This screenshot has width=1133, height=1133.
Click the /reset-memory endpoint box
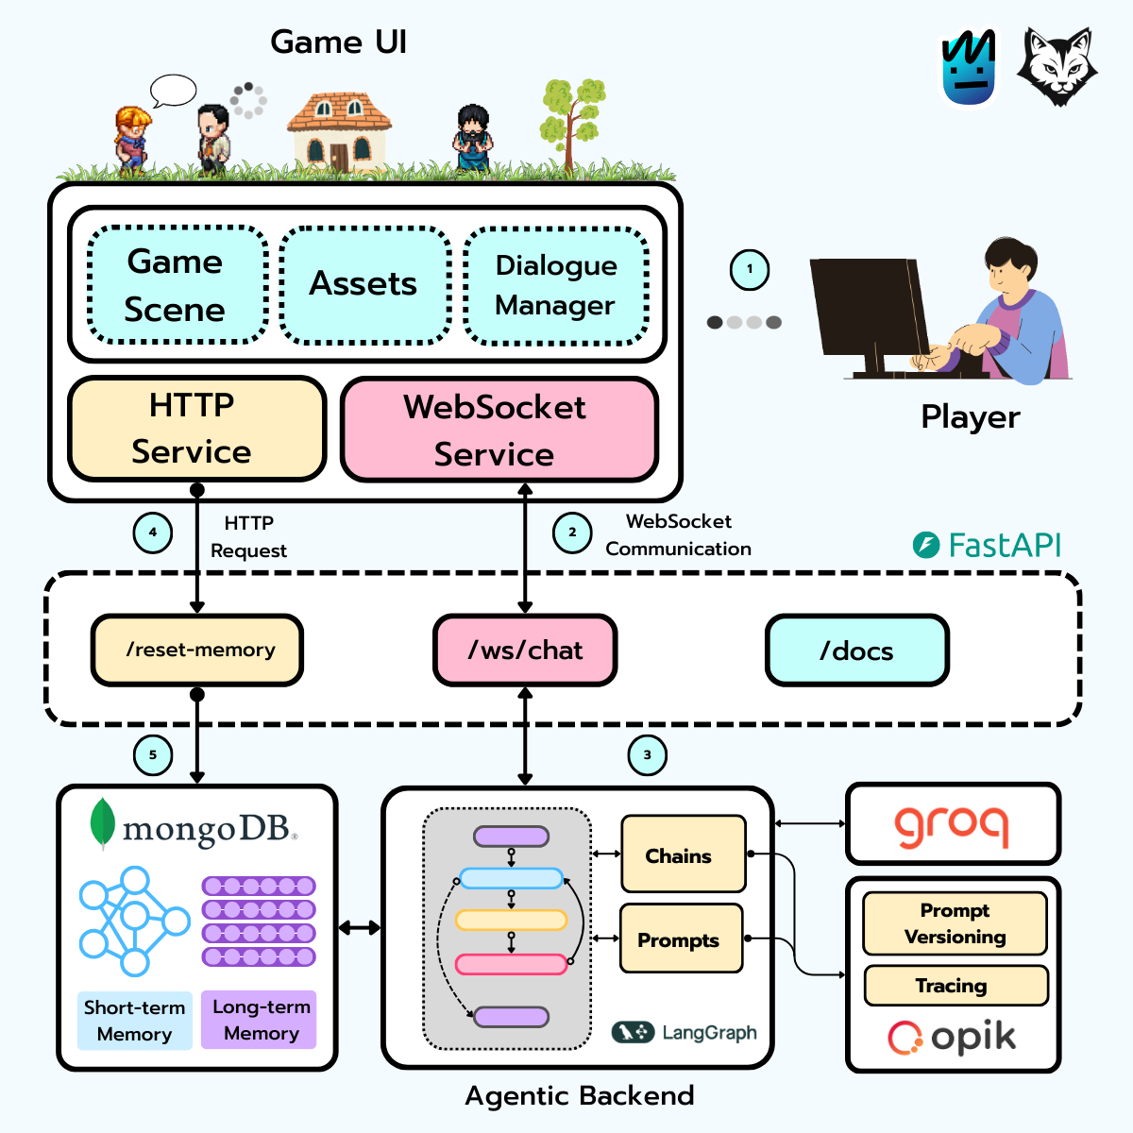(x=197, y=650)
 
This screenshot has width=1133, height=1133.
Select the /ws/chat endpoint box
(x=525, y=650)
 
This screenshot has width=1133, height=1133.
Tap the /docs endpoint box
(x=857, y=650)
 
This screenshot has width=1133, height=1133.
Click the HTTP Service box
(x=197, y=429)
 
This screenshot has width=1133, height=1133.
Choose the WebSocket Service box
(x=499, y=430)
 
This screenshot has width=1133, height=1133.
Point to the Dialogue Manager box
(x=556, y=285)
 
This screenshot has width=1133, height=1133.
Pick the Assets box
(x=365, y=285)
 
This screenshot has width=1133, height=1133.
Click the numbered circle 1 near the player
(x=749, y=270)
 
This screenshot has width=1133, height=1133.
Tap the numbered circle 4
(x=153, y=533)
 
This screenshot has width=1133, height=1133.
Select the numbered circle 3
(x=648, y=755)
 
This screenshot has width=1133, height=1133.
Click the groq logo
(x=952, y=826)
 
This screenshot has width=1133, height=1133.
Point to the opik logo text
(x=973, y=1038)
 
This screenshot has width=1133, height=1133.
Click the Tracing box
(x=956, y=986)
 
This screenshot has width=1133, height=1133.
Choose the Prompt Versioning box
(x=955, y=923)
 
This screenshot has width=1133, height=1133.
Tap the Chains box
(x=684, y=854)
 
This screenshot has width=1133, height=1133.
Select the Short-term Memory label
(x=135, y=1021)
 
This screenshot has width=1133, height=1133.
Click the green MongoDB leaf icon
(x=102, y=823)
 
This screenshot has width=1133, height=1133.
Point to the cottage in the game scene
(x=339, y=131)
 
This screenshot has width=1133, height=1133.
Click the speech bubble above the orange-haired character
(x=173, y=92)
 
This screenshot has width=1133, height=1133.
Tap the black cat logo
(x=1057, y=66)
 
